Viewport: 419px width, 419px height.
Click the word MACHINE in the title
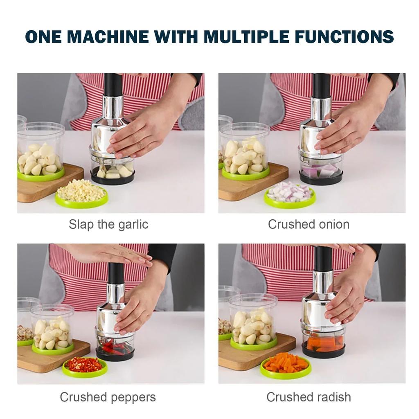(x=108, y=36)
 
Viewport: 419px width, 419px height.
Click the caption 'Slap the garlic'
(x=108, y=224)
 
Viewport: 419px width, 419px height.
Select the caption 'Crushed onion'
(x=309, y=224)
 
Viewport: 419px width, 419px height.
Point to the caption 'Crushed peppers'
(x=108, y=397)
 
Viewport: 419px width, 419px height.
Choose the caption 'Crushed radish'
(x=309, y=397)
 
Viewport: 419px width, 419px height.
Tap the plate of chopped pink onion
(x=289, y=194)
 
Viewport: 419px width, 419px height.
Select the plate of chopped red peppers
(x=84, y=365)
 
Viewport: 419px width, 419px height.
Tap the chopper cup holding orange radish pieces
(x=323, y=342)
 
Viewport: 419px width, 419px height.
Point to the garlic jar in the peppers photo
(x=52, y=327)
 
